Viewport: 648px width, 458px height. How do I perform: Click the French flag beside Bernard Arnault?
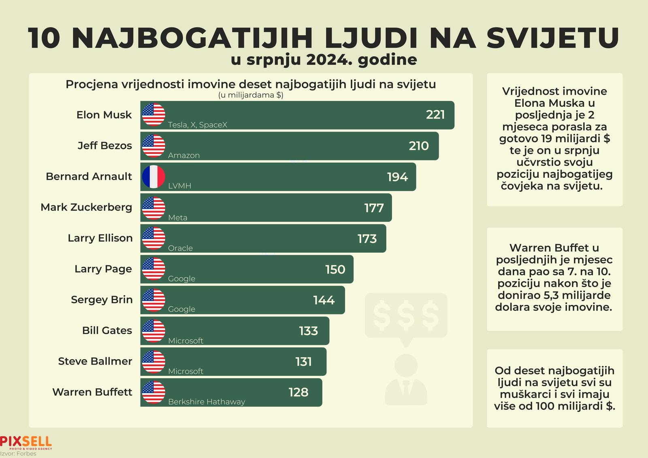153,177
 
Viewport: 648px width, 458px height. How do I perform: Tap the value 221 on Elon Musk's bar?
435,115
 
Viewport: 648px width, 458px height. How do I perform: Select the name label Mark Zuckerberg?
86,207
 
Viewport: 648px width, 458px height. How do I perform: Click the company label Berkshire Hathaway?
207,402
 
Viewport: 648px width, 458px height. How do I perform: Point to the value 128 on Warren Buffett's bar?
298,392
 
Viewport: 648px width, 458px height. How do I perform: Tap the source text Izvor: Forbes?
18,454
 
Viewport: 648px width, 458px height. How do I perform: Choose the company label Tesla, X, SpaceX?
198,125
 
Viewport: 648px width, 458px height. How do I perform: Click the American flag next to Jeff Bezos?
153,146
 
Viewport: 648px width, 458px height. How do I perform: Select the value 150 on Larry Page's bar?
335,269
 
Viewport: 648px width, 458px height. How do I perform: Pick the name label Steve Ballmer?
95,361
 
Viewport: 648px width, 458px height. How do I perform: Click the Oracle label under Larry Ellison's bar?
180,248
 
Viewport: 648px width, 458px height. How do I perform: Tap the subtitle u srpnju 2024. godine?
324,60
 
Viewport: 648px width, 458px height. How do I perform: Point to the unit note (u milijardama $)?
251,95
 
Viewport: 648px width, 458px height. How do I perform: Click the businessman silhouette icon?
406,379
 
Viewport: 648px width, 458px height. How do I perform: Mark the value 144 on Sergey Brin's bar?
324,300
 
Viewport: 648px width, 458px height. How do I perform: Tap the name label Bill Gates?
107,330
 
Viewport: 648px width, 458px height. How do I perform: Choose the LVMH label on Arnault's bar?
179,186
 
